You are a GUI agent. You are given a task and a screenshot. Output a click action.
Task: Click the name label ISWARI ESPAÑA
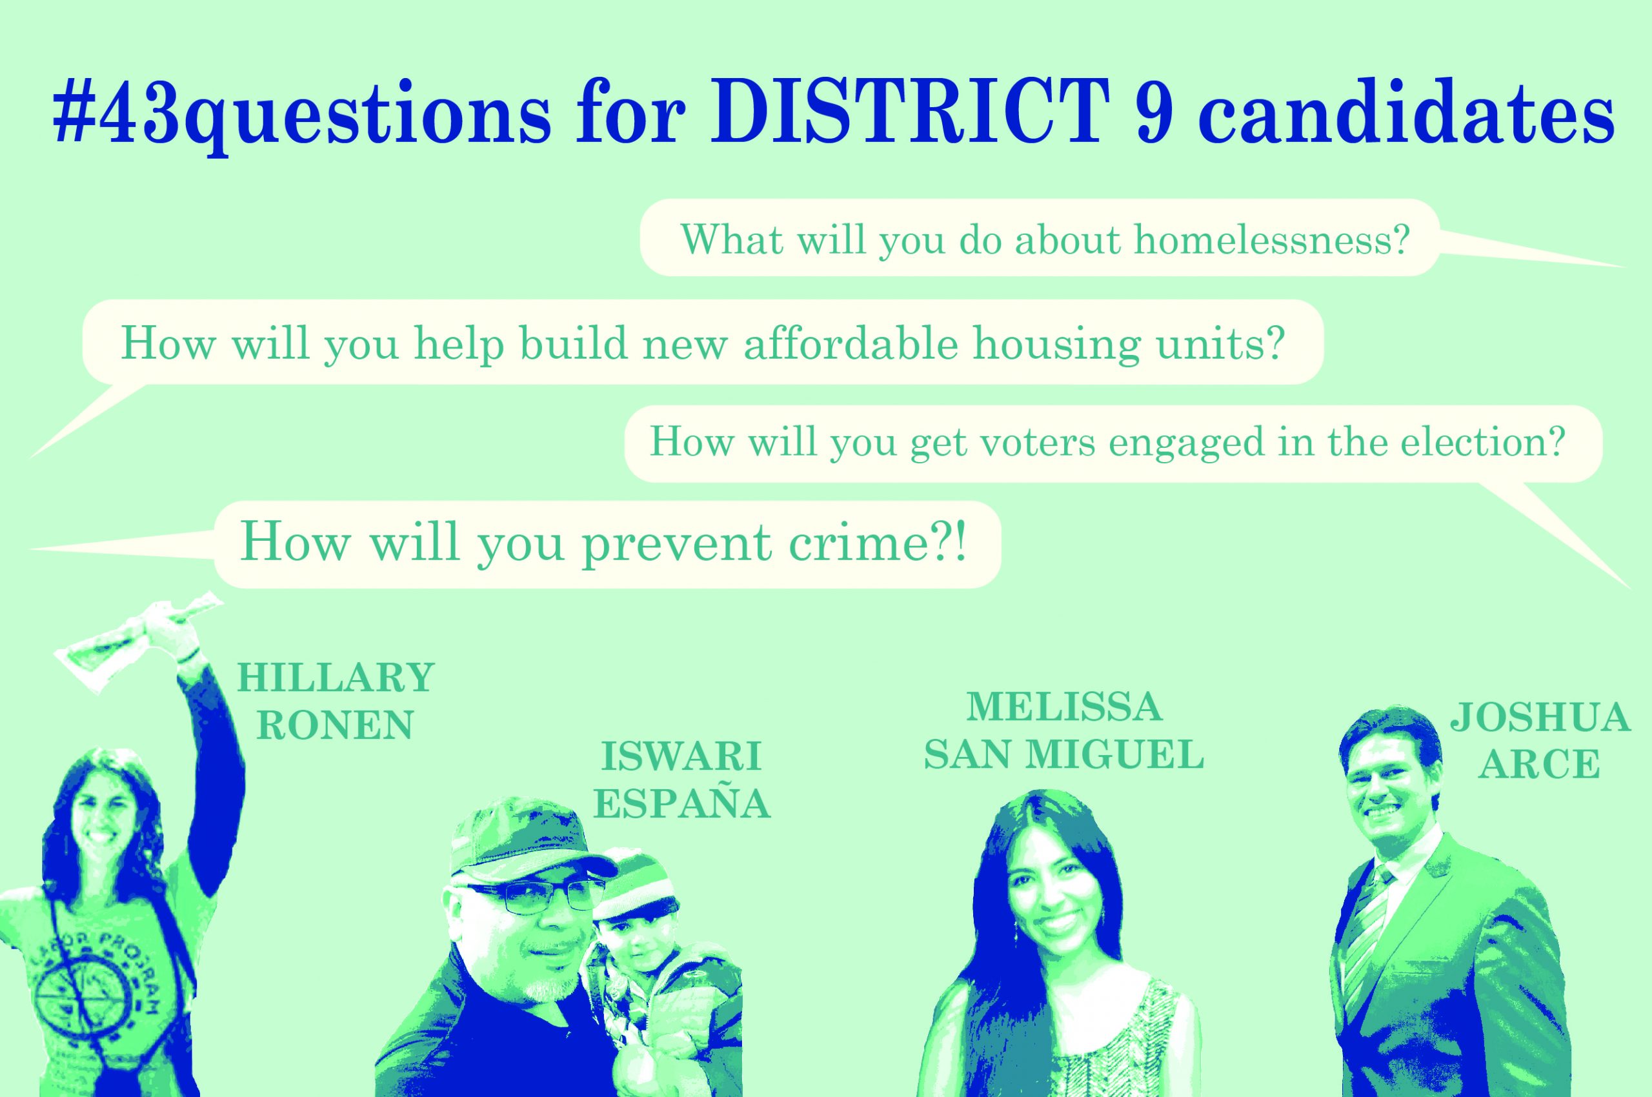click(681, 781)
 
